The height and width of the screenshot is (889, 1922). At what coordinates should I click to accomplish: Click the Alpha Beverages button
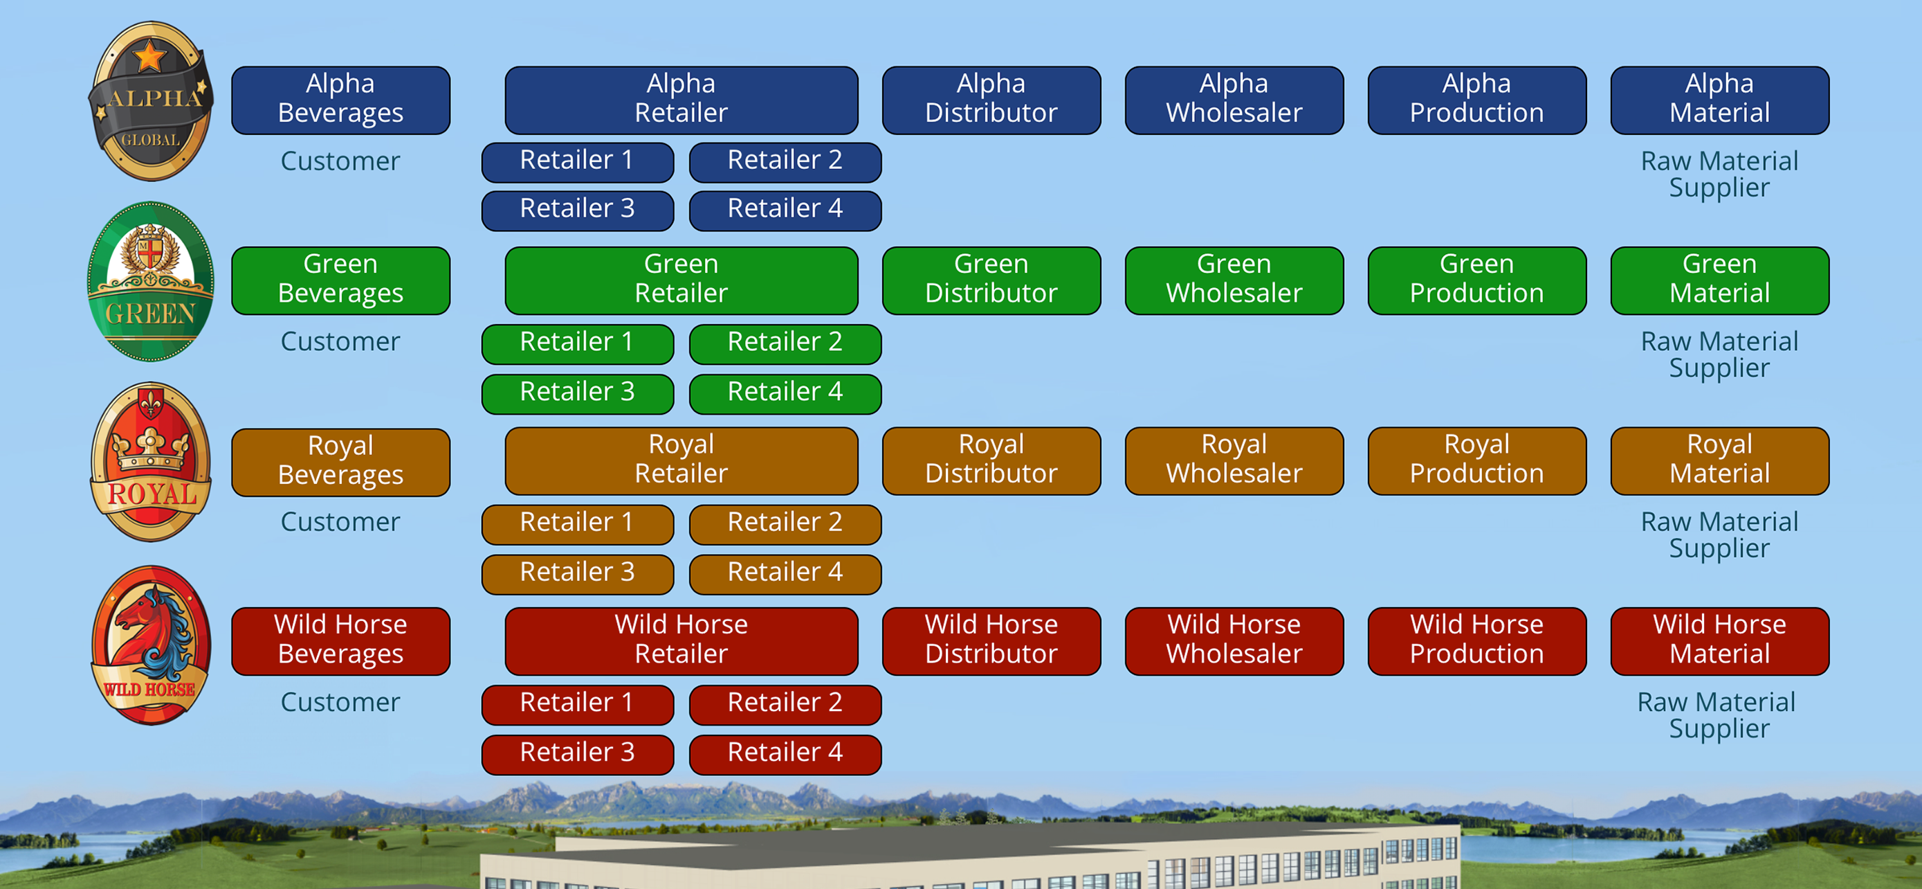coord(340,100)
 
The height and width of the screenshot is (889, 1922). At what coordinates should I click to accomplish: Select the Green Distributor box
coord(991,280)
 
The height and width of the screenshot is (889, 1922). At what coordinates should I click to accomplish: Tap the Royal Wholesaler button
coord(1234,460)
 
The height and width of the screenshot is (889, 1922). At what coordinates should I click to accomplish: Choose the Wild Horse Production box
coord(1476,641)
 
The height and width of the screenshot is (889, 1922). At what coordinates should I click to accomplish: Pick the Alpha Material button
coord(1720,100)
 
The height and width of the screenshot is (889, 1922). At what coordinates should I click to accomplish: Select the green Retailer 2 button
coord(785,344)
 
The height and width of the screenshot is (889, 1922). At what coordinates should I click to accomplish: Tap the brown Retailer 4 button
coord(785,574)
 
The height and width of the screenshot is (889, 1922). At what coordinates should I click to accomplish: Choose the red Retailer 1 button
coord(578,705)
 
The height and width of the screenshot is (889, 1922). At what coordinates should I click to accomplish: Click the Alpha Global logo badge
coord(151,101)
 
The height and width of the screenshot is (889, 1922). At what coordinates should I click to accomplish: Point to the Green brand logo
coord(151,281)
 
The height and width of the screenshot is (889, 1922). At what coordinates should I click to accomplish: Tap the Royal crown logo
coord(151,462)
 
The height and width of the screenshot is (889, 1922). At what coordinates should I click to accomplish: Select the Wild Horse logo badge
coord(151,645)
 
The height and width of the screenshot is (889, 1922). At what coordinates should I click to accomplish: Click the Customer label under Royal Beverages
coord(340,522)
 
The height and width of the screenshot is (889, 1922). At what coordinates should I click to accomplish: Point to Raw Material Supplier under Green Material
coord(1719,354)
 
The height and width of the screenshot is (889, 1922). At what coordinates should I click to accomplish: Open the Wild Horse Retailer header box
coord(681,641)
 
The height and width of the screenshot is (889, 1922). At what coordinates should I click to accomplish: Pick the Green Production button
coord(1476,280)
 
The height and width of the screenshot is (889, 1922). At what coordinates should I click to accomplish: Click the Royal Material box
coord(1720,460)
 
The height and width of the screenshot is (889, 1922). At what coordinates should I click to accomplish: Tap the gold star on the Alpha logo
coord(149,56)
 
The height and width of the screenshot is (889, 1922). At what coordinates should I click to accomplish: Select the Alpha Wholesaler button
coord(1234,100)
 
